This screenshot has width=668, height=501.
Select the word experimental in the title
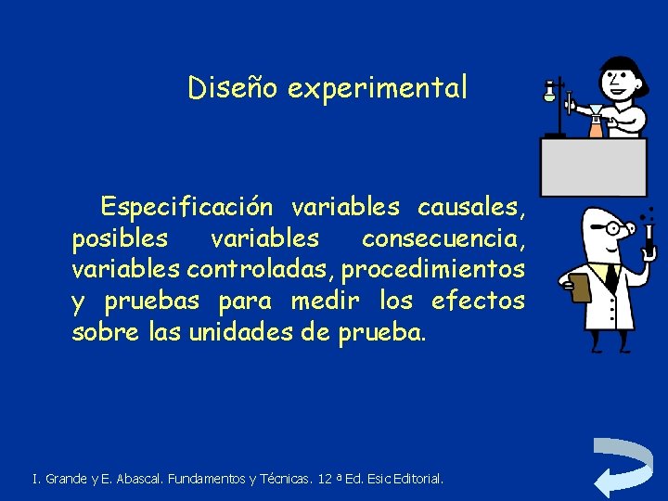coord(378,88)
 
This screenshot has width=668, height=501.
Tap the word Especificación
coord(186,205)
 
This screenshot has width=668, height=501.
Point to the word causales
coord(471,205)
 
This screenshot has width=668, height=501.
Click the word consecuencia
coord(443,238)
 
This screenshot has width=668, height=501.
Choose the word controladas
coord(262,269)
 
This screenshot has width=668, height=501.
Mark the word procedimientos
coord(434,269)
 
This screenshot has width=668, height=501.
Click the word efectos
coord(478,301)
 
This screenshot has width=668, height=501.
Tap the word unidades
coord(242,332)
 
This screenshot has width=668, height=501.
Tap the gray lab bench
coord(594,167)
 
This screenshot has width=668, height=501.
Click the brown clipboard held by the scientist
coord(579,288)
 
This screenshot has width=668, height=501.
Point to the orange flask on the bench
coord(596,127)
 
